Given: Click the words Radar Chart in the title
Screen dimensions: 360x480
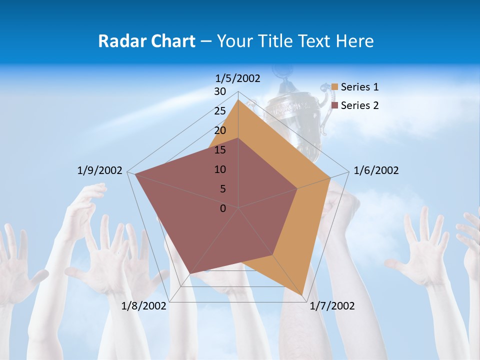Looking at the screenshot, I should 146,41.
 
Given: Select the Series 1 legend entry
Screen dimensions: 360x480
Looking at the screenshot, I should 359,87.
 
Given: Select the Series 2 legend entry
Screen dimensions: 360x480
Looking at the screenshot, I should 359,105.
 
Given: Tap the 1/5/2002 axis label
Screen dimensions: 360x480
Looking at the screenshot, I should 238,78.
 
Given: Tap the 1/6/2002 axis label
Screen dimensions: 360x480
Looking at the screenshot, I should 376,170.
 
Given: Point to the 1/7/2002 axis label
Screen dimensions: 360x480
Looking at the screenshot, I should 332,306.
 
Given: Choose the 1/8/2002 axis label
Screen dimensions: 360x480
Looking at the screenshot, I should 144,306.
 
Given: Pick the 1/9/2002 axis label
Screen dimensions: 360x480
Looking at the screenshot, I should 100,170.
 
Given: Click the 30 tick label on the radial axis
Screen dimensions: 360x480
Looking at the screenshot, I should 220,91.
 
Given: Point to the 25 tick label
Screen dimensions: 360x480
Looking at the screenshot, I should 220,111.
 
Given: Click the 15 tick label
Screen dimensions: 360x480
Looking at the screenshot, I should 220,150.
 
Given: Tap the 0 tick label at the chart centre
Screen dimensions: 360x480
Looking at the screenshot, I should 223,208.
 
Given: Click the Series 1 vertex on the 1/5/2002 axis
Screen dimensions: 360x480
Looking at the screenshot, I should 238,99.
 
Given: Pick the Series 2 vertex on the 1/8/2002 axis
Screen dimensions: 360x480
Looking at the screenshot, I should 190,274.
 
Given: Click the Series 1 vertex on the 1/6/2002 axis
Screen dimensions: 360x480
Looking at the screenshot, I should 330,177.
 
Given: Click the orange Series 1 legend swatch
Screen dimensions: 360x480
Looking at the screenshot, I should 335,87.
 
